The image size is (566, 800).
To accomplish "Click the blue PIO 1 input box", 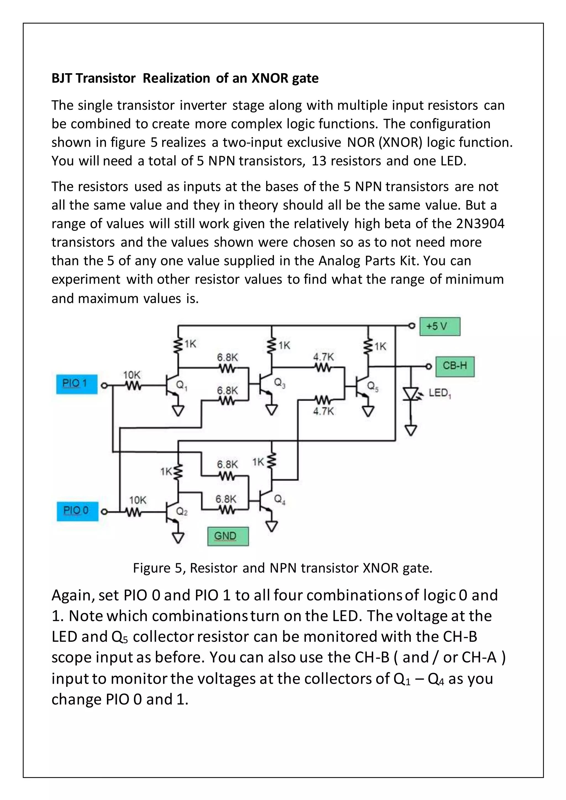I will [77, 384].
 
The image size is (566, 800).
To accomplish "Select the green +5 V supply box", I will [439, 327].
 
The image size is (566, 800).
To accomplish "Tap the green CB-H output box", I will [455, 366].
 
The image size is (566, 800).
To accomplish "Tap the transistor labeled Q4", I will [265, 501].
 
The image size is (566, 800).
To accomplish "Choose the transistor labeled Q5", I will [361, 387].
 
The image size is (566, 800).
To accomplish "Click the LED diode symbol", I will [411, 394].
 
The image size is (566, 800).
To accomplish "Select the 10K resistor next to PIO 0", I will [133, 512].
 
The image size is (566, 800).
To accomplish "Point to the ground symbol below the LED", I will [411, 430].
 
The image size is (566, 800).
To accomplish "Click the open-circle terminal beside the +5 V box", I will [412, 326].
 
